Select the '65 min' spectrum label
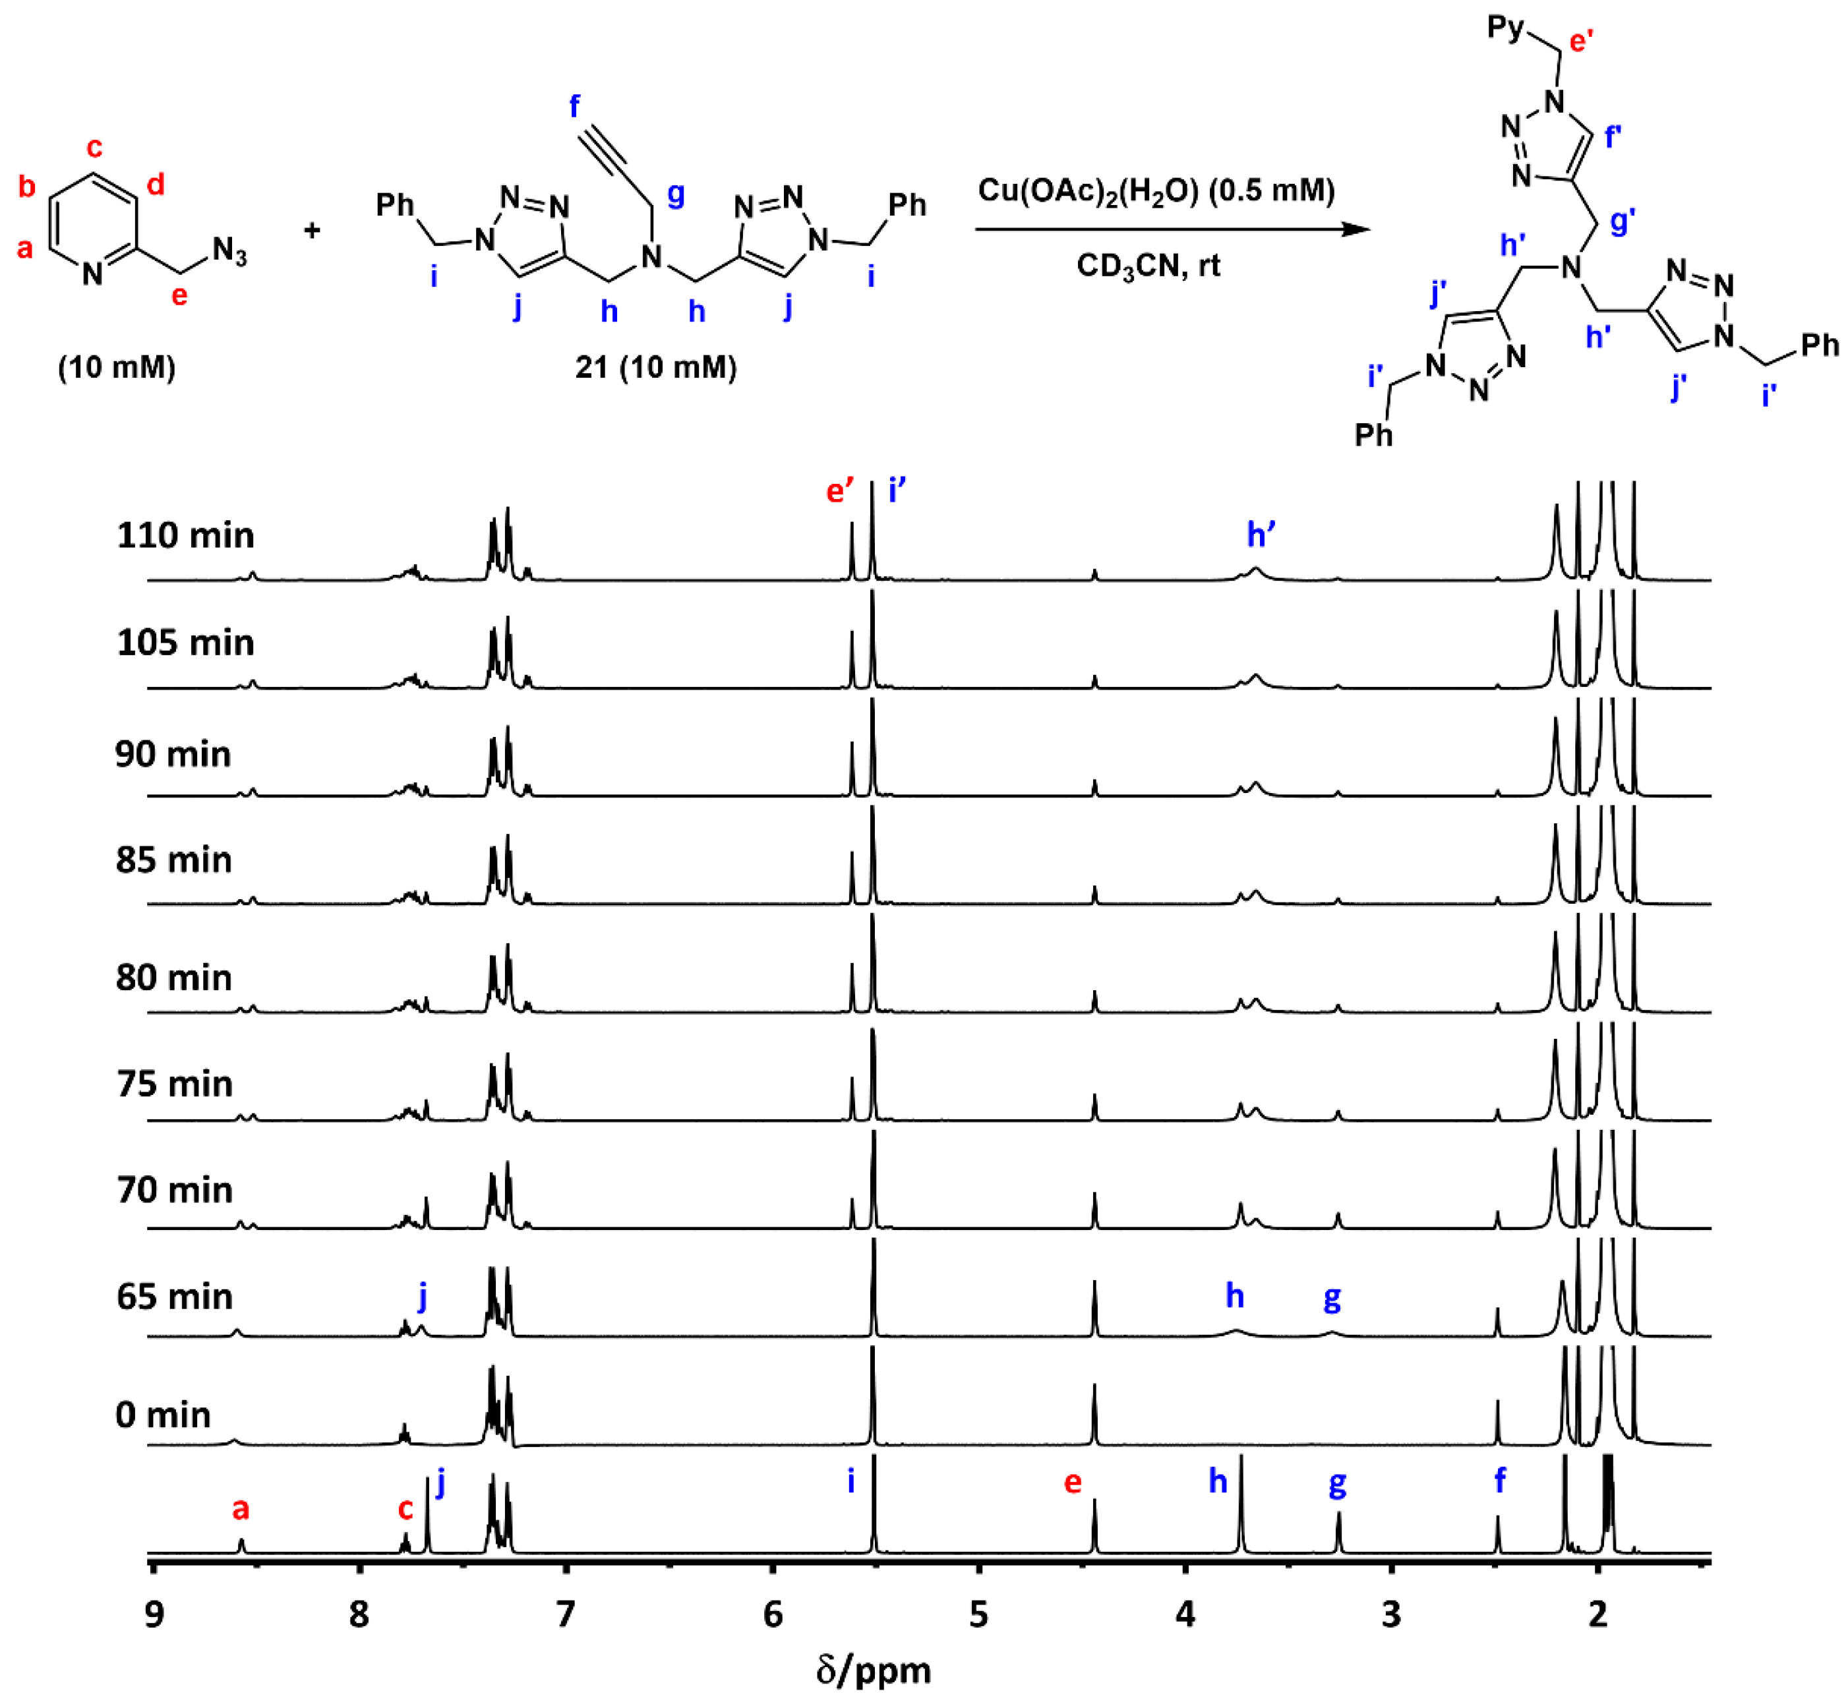tap(174, 1297)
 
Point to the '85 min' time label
tap(173, 860)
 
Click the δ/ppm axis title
tap(874, 1670)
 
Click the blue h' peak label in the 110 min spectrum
tap(1261, 535)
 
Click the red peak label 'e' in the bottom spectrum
tap(1073, 1482)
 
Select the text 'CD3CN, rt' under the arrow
tap(1148, 266)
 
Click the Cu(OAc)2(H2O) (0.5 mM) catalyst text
tap(1156, 191)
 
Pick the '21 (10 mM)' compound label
tap(655, 367)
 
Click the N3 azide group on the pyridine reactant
tap(229, 250)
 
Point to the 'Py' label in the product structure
tap(1506, 28)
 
